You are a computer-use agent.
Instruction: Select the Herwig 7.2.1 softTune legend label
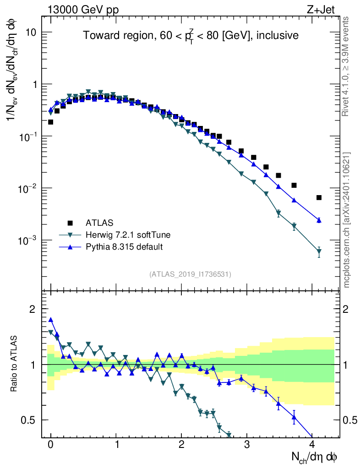128,235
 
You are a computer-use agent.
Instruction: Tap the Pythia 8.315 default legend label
124,247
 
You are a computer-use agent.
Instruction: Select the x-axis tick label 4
312,444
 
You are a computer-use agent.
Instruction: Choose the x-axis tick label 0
50,444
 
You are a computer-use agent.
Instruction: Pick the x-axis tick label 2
181,444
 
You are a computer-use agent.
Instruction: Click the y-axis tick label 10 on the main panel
30,33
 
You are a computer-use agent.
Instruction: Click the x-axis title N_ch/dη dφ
315,457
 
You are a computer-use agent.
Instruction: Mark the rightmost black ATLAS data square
319,197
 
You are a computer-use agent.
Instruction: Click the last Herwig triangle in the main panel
319,251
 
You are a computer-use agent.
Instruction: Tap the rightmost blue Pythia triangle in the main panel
319,220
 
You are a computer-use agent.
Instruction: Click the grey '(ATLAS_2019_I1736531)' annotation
190,274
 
